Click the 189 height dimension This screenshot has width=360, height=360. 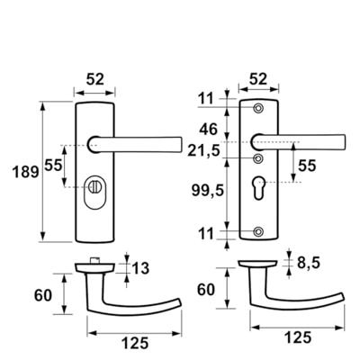(20, 171)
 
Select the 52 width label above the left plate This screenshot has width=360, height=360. (94, 79)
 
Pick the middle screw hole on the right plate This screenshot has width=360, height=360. (261, 159)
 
